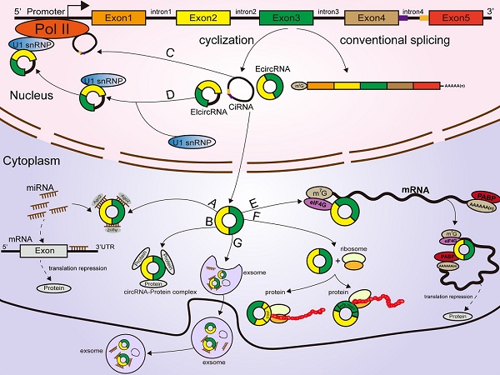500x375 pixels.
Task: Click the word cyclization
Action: [x=222, y=41]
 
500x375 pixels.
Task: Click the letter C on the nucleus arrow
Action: [x=170, y=54]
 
